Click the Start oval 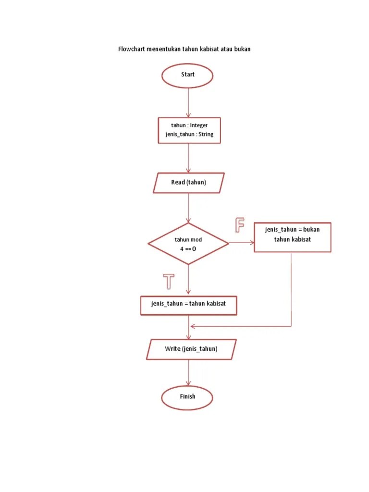187,75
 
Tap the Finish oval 187,397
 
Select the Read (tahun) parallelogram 188,183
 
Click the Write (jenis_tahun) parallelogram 191,349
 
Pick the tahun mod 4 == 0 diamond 188,244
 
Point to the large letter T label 168,281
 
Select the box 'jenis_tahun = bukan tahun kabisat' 292,237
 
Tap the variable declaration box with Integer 189,130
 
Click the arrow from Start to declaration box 188,103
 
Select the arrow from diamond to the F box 242,243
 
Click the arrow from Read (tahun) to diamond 188,208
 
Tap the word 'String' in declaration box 206,135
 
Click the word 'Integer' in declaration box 198,125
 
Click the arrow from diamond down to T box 188,280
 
